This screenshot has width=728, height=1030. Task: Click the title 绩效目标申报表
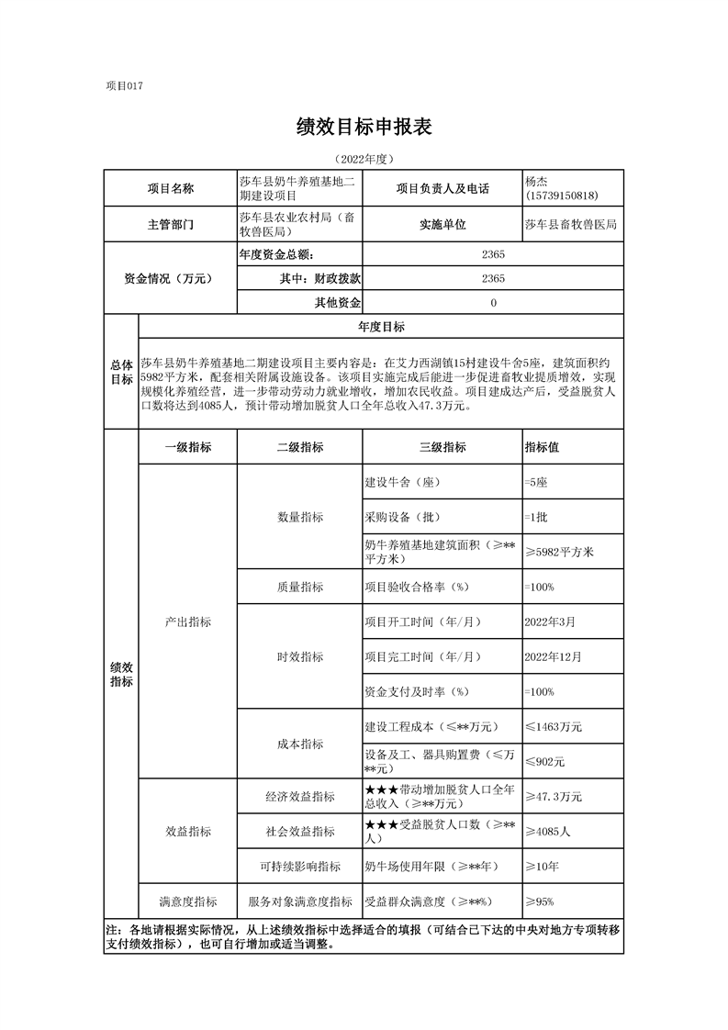point(364,128)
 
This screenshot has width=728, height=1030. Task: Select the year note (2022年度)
point(364,158)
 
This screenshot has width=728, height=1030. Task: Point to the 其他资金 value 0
point(493,303)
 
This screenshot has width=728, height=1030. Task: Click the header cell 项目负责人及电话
point(442,189)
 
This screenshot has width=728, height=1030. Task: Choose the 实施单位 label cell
point(442,224)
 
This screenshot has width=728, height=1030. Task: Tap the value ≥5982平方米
point(560,552)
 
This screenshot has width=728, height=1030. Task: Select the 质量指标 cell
point(300,587)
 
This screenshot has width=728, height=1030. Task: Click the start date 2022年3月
point(550,621)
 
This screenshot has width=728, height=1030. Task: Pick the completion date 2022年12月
point(553,656)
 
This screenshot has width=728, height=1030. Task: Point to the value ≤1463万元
point(554,726)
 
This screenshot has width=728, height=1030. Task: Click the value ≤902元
point(544,761)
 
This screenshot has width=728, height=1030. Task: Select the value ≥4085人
point(548,831)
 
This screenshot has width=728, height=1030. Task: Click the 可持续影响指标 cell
point(300,866)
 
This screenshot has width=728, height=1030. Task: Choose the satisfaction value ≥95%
point(539,901)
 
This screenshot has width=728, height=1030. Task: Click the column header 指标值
point(542,447)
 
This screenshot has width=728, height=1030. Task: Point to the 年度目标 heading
point(380,327)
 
